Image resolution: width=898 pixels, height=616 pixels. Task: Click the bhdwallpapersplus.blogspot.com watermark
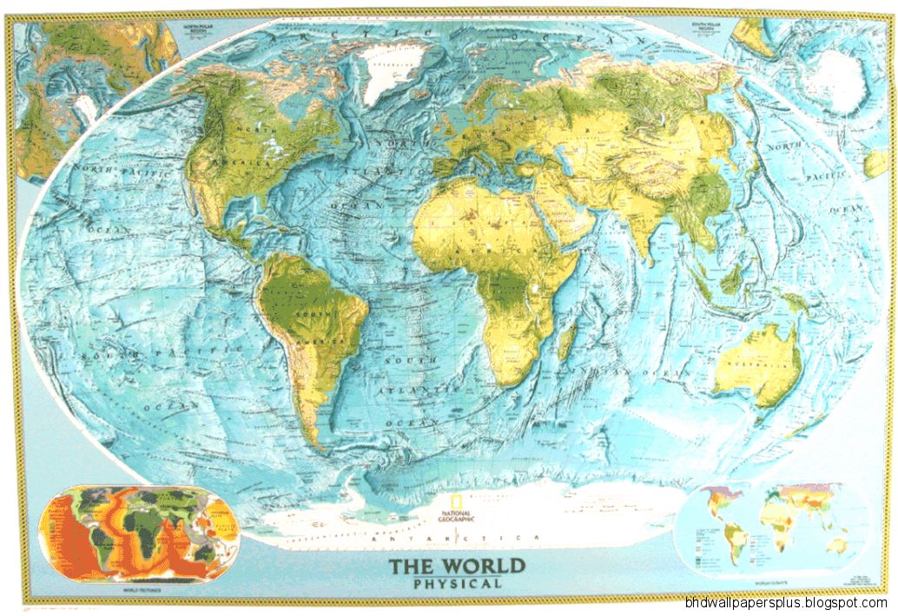(x=785, y=603)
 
